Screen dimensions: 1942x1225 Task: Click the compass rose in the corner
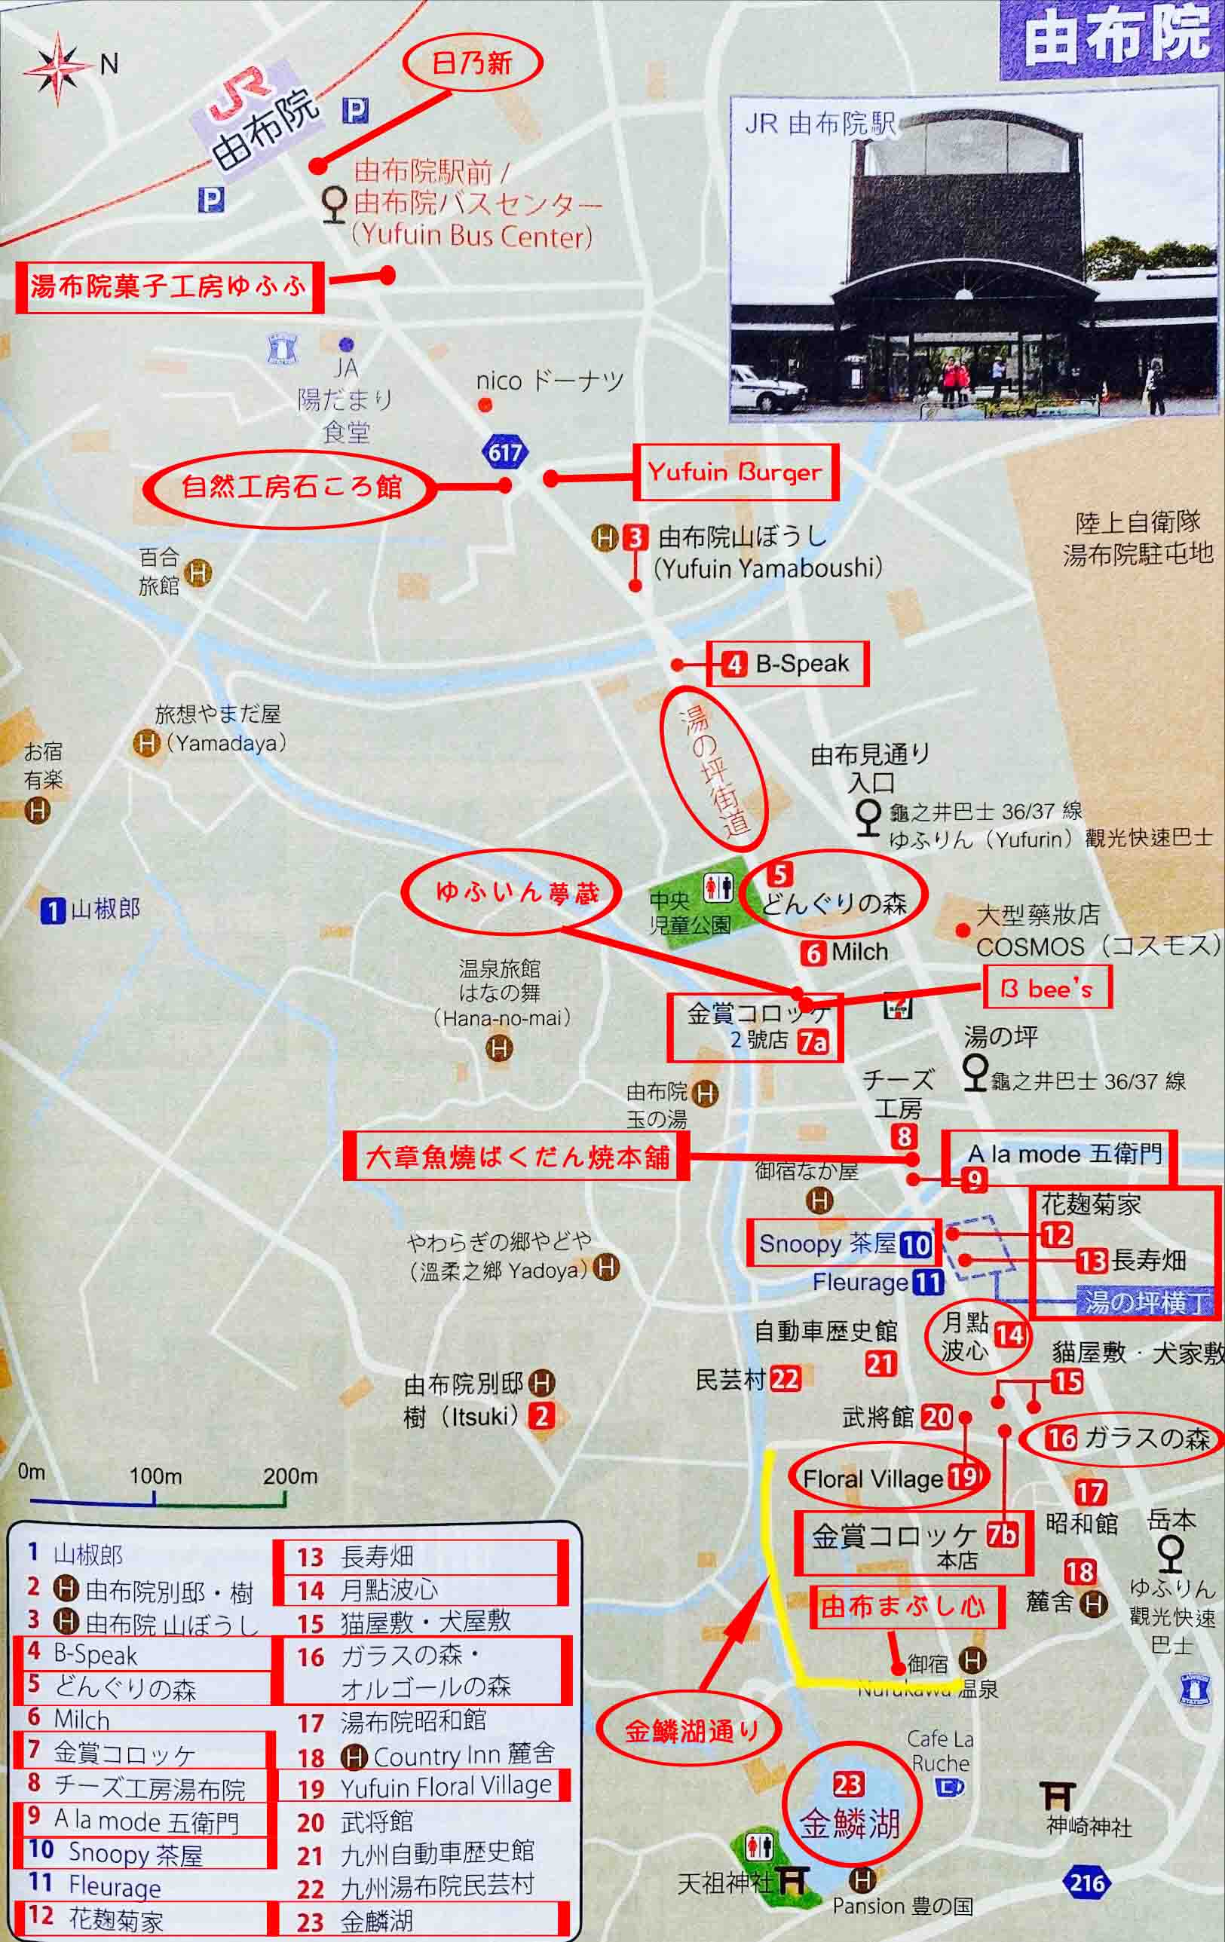point(57,68)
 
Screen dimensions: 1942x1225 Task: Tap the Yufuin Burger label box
point(734,472)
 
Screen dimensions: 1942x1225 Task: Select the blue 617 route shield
point(505,451)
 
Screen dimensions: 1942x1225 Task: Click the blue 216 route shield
point(1086,1883)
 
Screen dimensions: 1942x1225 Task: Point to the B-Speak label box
point(788,664)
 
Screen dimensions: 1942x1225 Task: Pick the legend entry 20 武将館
point(355,1821)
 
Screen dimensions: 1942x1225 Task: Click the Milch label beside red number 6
point(859,952)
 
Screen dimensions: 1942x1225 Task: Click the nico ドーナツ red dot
point(485,405)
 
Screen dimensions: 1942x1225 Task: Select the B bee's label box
point(1046,987)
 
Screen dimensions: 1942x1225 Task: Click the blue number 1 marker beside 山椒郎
point(53,910)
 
